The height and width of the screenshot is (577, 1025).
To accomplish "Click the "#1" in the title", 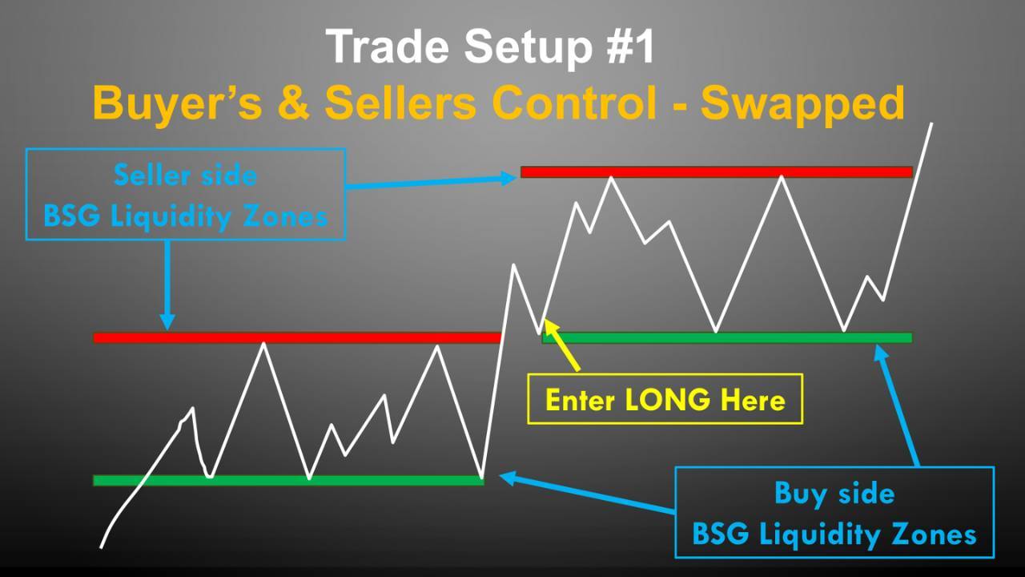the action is click(x=632, y=46).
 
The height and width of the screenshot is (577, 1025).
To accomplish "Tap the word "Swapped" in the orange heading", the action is click(x=802, y=105).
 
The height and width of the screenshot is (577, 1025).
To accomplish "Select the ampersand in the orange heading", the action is click(x=293, y=103).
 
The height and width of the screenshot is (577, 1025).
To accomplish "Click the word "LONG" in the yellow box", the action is click(x=667, y=400).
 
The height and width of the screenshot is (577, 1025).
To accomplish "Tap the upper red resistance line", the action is click(x=717, y=172).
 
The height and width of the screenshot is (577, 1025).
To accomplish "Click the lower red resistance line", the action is click(x=297, y=338).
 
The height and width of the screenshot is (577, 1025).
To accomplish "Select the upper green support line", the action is click(x=726, y=338).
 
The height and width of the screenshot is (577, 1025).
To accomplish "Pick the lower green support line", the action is click(x=288, y=480).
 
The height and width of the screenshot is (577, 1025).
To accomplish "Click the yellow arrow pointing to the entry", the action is click(x=561, y=345).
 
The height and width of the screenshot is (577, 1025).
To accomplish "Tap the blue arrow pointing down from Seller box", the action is click(x=167, y=284).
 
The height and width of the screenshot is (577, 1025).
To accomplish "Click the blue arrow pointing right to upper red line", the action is click(x=431, y=182).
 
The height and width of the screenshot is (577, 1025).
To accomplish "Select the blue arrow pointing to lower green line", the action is click(x=587, y=492).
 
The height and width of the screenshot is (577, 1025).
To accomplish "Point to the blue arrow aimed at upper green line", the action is click(x=896, y=406).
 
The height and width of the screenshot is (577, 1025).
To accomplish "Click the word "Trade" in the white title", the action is click(x=388, y=46).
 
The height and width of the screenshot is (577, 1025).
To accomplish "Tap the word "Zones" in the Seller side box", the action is click(x=286, y=216).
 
